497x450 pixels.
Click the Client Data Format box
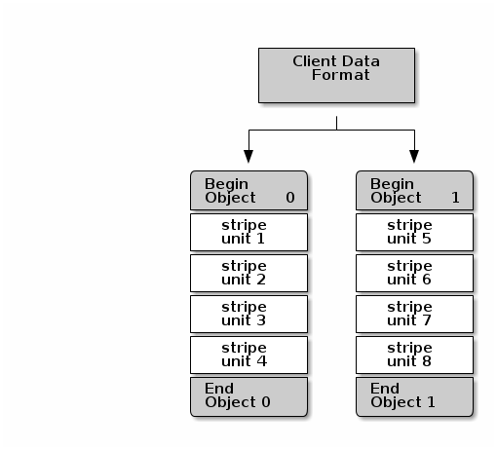tap(336, 74)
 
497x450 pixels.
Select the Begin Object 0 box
tap(248, 191)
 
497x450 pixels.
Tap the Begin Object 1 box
tap(414, 191)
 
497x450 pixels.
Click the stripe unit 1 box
tap(248, 232)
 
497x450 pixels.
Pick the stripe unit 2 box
tap(248, 274)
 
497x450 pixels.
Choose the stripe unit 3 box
tap(248, 315)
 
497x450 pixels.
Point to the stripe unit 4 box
tap(248, 356)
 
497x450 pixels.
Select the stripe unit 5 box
tap(414, 232)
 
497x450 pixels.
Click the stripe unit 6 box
tap(414, 274)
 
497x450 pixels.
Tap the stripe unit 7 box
tap(414, 315)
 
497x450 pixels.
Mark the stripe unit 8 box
tap(414, 356)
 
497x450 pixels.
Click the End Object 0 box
tap(248, 396)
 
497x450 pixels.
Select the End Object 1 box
tap(414, 396)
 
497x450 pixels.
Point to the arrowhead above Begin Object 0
tap(248, 156)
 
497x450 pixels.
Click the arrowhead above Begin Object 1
tap(414, 156)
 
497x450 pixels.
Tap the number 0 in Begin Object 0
tap(290, 198)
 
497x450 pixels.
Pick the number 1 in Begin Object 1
tap(455, 198)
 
